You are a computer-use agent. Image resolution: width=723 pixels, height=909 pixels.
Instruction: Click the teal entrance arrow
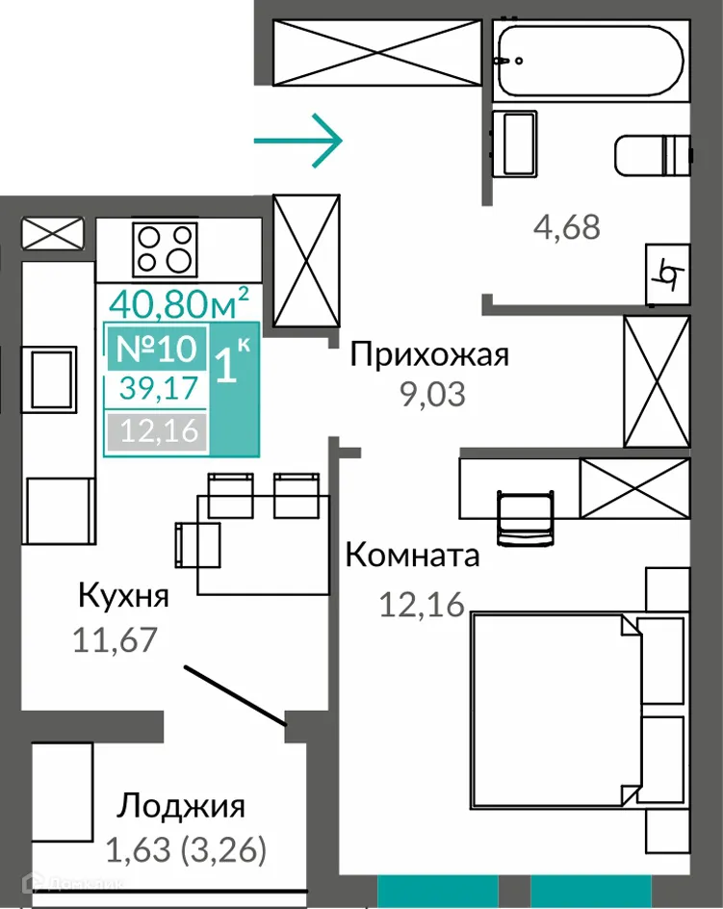297,141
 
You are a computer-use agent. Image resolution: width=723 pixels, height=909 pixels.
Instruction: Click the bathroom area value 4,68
566,227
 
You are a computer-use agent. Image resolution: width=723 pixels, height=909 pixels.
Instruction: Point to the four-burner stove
165,247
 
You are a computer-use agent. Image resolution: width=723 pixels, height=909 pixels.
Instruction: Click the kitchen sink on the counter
54,378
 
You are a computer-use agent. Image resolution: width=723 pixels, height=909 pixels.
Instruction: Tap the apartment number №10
155,348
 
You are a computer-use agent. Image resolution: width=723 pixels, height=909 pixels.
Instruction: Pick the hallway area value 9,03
432,395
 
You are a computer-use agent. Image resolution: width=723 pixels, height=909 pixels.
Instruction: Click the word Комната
411,556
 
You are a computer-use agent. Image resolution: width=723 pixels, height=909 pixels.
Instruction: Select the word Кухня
123,595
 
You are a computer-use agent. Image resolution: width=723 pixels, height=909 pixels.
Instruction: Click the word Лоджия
181,805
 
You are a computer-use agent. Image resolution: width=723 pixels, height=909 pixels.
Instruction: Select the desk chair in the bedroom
525,515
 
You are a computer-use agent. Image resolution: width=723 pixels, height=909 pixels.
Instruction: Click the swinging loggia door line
235,693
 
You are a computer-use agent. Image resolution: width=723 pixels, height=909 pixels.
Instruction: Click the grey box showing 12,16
156,430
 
